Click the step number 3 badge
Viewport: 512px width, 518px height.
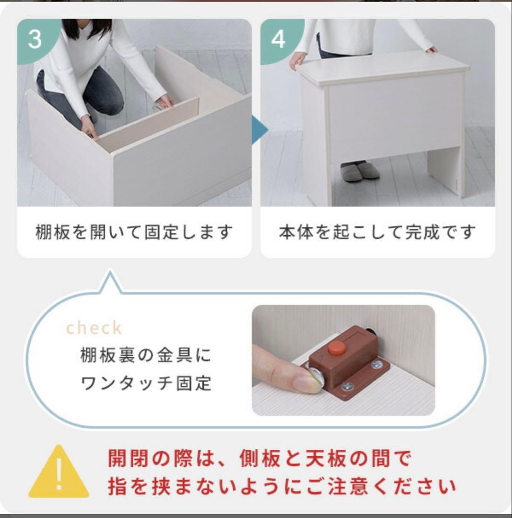(x=35, y=39)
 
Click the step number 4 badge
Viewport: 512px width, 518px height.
(x=278, y=39)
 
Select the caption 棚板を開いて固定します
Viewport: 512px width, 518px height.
(x=134, y=233)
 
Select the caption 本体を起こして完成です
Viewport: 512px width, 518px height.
(x=377, y=233)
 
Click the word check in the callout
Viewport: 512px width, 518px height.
(x=94, y=328)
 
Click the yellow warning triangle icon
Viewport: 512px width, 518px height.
(x=58, y=473)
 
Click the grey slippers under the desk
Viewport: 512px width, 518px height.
(x=360, y=171)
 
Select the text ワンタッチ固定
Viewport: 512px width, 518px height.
(x=146, y=384)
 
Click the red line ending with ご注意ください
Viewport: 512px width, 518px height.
(x=281, y=487)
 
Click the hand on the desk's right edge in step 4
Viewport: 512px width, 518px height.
(x=431, y=49)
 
